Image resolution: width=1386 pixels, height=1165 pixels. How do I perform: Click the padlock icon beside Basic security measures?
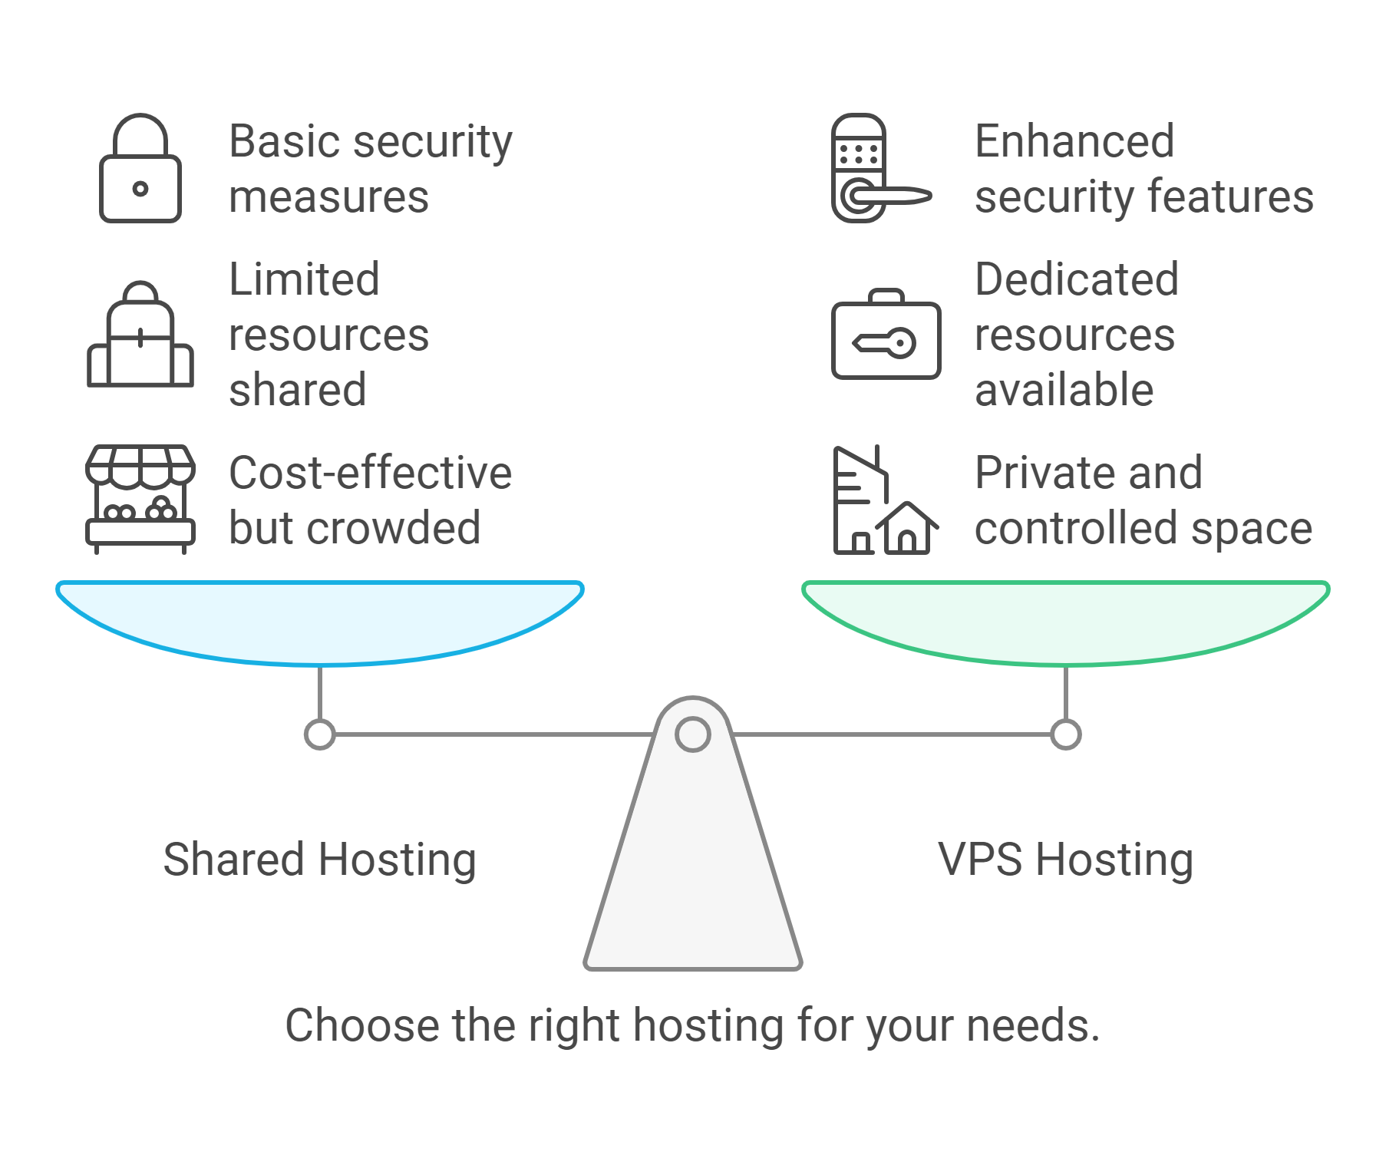tap(140, 169)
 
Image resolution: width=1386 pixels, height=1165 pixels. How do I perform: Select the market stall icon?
tap(140, 499)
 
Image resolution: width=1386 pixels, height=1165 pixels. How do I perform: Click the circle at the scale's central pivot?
tap(692, 734)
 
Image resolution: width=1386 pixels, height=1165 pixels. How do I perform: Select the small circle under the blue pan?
tap(320, 734)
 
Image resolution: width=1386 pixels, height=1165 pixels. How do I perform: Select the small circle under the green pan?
tap(1065, 734)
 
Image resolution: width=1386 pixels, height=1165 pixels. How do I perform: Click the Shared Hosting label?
tap(320, 860)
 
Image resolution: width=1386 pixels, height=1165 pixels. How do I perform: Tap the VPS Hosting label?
tap(1065, 860)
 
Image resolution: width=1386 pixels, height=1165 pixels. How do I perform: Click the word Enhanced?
tap(1074, 141)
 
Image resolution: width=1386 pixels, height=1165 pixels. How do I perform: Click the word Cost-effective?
tap(370, 473)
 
